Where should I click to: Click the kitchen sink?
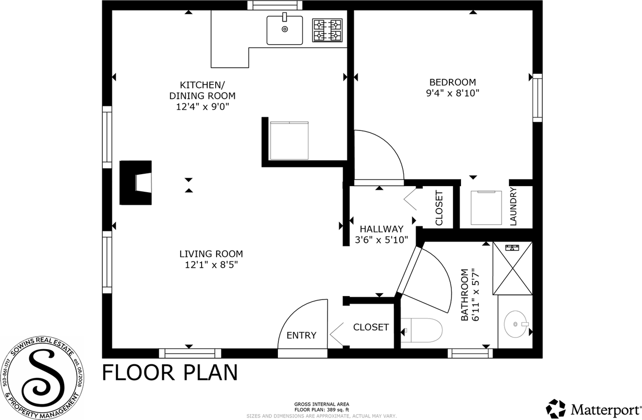pos(284,30)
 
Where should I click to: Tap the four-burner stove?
pos(327,30)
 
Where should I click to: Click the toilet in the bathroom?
pos(422,331)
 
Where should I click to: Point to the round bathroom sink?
pos(515,325)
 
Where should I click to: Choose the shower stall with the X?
pos(513,268)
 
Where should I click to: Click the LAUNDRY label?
pos(513,206)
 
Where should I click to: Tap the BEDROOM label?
pos(452,82)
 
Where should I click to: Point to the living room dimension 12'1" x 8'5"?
pos(211,265)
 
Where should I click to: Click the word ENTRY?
pos(301,335)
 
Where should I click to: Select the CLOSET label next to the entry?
pos(371,327)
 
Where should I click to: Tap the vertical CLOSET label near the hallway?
pos(439,208)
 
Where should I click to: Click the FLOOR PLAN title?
pos(170,373)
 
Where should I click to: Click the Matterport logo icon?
pos(556,408)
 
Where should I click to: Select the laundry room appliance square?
pos(486,208)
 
